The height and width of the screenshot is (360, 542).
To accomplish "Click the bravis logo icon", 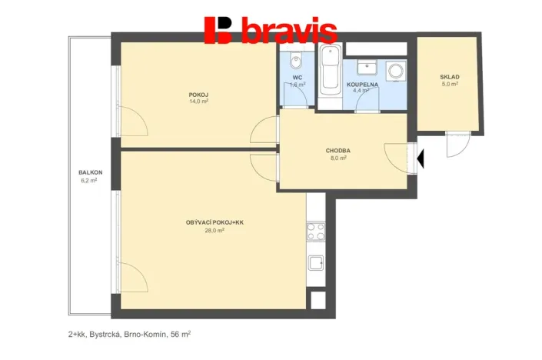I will pos(218,30).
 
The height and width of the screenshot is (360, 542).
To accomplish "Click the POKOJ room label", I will pos(199,94).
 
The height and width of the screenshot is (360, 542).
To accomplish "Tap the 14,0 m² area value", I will pos(199,101).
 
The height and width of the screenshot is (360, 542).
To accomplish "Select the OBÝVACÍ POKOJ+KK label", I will pos(214,222).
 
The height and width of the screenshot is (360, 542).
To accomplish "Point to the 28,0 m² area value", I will pos(214,230).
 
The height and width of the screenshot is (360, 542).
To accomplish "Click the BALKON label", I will pos(90,172).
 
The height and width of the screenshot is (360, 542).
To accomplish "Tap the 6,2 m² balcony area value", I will pos(90,180).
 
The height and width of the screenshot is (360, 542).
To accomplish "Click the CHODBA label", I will pos(338,151).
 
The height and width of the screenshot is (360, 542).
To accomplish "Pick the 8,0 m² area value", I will pos(338,158).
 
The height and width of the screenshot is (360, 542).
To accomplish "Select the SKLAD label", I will pos(450,77).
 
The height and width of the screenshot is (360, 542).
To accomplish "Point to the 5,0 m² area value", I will pos(450,85).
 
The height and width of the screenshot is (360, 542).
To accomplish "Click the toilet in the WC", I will pos(297,60).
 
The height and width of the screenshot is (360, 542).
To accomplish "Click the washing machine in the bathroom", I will pos(397,71).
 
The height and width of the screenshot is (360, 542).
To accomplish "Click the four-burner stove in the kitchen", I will pos(315,231).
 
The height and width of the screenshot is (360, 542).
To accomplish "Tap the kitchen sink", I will pos(315,264).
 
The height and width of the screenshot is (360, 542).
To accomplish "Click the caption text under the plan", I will pos(128,335).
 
